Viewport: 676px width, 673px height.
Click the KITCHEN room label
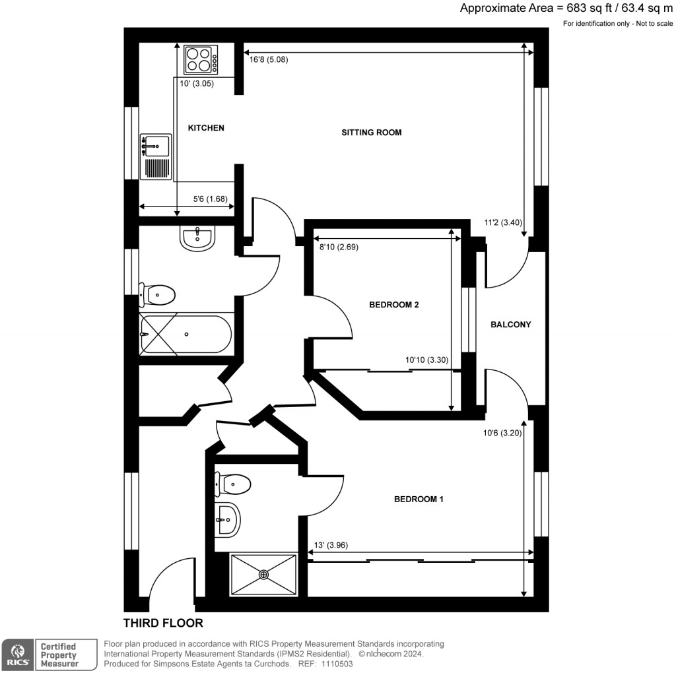(206, 128)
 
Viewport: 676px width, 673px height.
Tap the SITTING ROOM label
(371, 133)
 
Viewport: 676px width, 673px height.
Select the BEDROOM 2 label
(394, 305)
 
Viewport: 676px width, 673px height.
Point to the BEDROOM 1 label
(419, 499)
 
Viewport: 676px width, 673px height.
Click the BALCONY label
(510, 325)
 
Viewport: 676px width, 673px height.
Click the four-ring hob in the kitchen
(201, 59)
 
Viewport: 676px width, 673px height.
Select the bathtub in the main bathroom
(186, 335)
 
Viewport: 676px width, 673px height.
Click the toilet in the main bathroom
(158, 294)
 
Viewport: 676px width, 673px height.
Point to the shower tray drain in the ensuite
(264, 575)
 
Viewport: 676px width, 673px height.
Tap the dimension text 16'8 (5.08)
(269, 59)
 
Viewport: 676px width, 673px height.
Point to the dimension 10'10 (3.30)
(427, 360)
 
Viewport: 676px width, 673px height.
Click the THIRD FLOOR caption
(163, 623)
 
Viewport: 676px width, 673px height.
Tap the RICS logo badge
(18, 655)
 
